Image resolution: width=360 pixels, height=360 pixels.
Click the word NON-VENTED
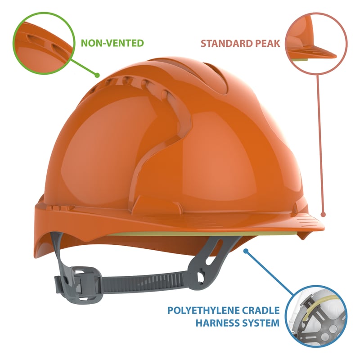pyautogui.click(x=112, y=43)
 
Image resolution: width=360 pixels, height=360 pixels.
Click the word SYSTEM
pyautogui.click(x=262, y=323)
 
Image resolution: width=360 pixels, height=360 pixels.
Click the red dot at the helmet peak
pyautogui.click(x=323, y=215)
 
